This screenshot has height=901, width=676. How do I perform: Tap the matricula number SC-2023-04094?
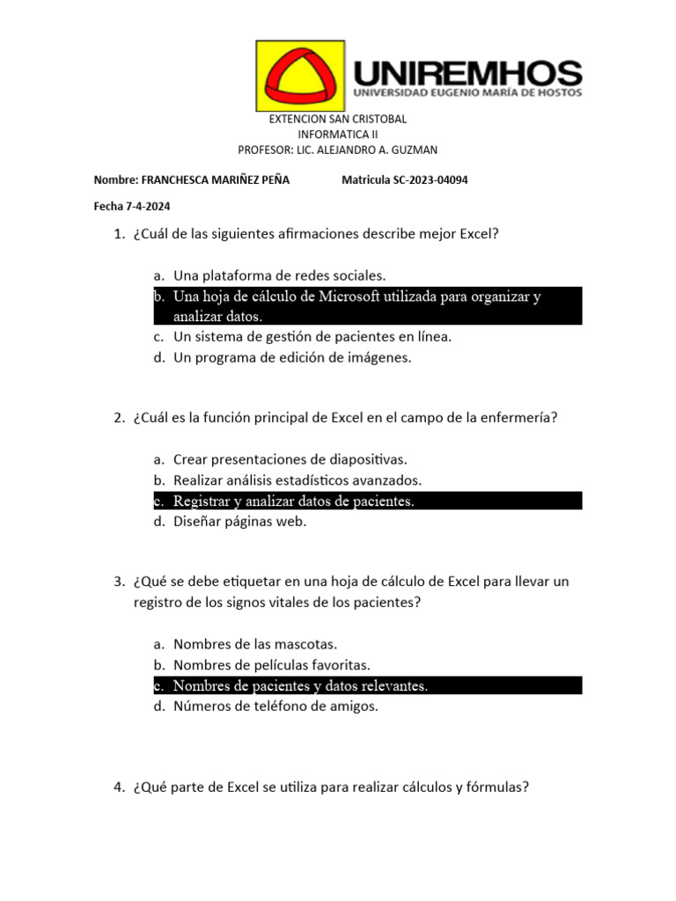click(430, 180)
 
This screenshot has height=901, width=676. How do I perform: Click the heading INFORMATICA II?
click(338, 135)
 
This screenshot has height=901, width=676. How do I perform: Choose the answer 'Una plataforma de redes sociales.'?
click(280, 275)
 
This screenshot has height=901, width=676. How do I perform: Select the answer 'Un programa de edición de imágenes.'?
click(292, 357)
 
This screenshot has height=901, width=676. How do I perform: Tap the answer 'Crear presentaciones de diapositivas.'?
click(290, 459)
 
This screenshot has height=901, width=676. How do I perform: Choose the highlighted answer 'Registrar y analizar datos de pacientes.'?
click(293, 502)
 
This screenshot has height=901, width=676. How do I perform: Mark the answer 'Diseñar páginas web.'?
click(239, 522)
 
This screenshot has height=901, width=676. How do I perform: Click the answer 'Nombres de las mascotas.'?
click(255, 644)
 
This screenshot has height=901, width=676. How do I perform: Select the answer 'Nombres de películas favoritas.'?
click(272, 665)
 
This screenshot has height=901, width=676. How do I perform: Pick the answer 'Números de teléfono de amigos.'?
click(276, 706)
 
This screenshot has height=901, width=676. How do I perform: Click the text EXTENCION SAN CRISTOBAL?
click(338, 119)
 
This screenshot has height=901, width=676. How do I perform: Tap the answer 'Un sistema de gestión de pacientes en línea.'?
click(312, 336)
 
